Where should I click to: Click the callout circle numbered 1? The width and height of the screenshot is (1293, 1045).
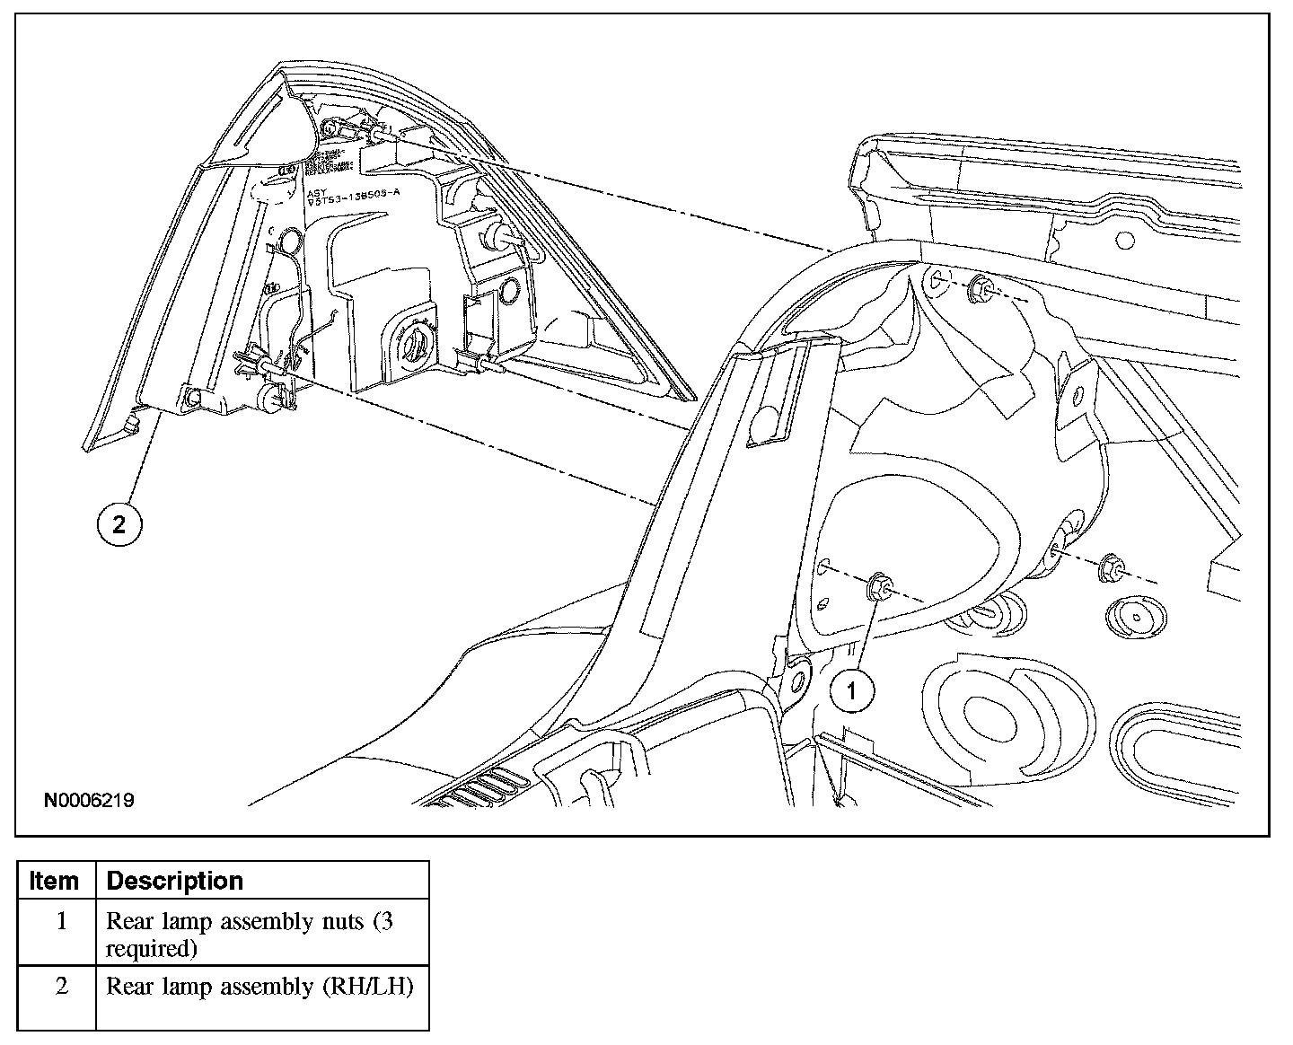tap(851, 691)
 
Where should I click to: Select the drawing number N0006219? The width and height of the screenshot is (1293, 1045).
tap(89, 800)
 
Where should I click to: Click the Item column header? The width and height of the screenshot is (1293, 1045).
tap(54, 881)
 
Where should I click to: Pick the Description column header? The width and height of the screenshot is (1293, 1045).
tap(175, 881)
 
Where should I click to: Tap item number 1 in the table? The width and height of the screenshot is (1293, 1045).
tap(61, 921)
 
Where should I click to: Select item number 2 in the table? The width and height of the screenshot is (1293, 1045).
tap(61, 986)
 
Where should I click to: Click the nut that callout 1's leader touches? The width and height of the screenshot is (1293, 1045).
tap(879, 589)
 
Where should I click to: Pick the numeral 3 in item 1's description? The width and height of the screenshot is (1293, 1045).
tap(384, 921)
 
